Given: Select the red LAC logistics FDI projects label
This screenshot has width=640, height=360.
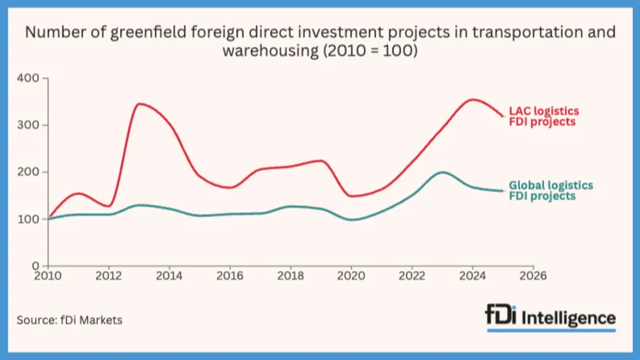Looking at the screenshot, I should point(544,117).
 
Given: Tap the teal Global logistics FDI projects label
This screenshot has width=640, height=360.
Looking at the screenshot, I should point(550,191).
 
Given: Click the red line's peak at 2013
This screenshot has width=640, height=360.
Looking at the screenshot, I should point(139,104).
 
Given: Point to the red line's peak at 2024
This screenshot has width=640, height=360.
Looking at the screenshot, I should point(472,100).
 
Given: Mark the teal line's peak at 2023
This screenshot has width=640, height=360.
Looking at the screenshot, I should point(442,172).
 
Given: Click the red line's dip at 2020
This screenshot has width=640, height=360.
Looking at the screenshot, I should point(352,196).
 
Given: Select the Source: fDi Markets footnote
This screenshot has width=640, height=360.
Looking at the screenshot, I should point(70,320).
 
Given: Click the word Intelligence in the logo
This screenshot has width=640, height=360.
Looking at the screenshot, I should point(569,318).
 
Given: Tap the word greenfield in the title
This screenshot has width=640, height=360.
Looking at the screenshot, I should point(153,33).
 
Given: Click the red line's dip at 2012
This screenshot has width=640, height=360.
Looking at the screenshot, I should point(107,206).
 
